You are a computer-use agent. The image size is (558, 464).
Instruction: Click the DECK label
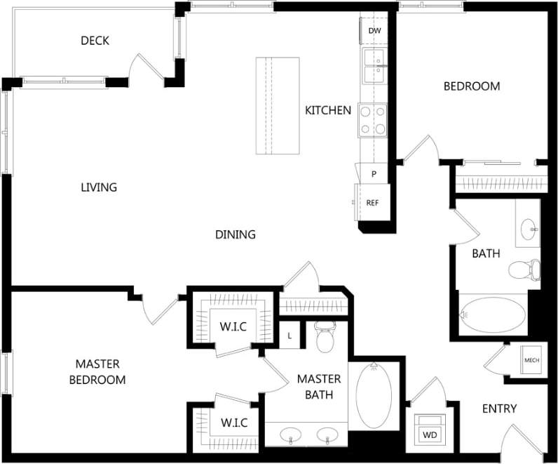(95, 41)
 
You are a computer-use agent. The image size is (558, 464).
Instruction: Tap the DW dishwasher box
(374, 31)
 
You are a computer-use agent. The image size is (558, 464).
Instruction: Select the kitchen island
(278, 106)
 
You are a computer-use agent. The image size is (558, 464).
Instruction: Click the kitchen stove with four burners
(373, 119)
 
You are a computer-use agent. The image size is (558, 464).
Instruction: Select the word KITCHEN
(328, 110)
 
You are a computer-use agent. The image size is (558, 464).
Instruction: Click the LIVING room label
(99, 187)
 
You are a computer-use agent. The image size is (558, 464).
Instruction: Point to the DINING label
(235, 234)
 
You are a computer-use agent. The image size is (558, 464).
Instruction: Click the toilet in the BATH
(524, 269)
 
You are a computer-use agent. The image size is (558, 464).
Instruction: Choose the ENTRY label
(499, 409)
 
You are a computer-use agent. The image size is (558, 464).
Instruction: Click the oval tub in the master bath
(374, 396)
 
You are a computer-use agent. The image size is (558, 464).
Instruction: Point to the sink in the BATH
(529, 227)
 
